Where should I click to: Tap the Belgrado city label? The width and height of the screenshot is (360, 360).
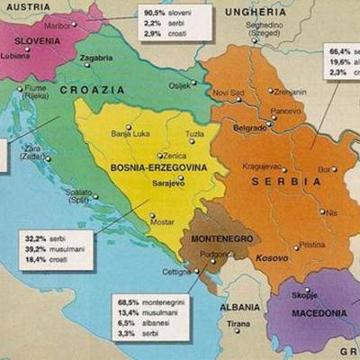coord(249,129)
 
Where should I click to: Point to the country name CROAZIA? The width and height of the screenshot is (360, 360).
coord(93,90)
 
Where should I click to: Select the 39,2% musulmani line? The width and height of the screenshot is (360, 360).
coord(55,249)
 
